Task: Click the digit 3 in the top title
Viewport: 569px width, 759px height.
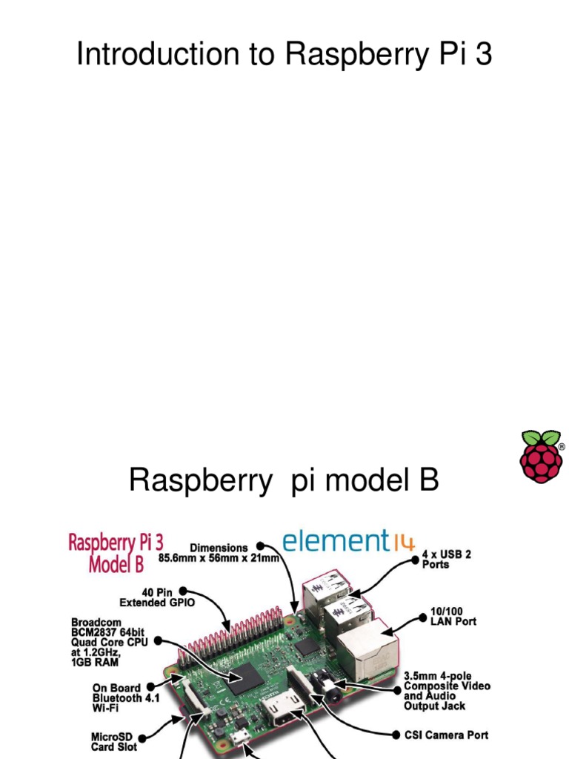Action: [x=483, y=54]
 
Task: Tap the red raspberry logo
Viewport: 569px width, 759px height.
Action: [x=541, y=455]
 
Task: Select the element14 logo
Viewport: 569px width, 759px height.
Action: [x=349, y=540]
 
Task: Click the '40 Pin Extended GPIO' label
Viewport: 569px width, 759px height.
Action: [x=157, y=597]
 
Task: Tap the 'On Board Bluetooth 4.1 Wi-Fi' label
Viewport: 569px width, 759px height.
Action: [x=125, y=697]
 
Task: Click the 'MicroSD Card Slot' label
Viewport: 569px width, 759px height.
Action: [x=114, y=742]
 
